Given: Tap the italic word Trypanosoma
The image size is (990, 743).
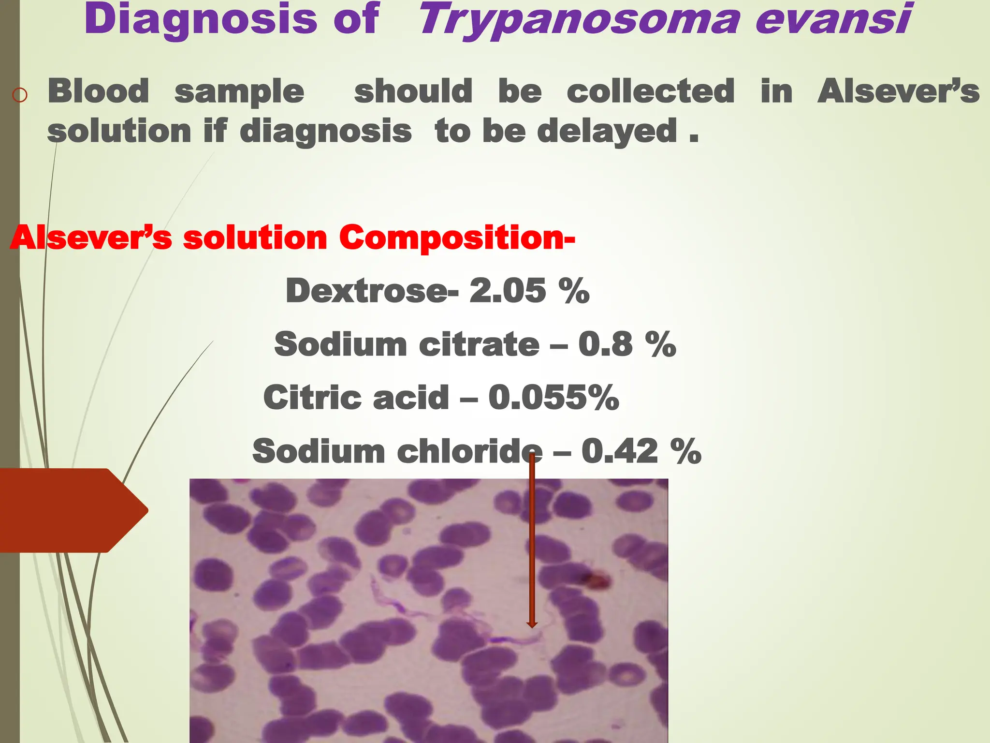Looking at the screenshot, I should pyautogui.click(x=578, y=20).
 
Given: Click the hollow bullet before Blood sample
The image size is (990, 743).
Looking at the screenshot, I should pyautogui.click(x=20, y=95).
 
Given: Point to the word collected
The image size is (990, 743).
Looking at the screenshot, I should pyautogui.click(x=650, y=91).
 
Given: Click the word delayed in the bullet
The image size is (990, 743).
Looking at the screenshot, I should pyautogui.click(x=607, y=131).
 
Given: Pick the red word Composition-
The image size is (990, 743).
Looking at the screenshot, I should pyautogui.click(x=457, y=238).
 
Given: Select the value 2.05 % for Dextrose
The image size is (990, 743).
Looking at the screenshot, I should pyautogui.click(x=529, y=291).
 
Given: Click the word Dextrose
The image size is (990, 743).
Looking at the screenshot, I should pyautogui.click(x=366, y=291).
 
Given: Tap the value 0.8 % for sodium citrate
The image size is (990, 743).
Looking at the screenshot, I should pyautogui.click(x=627, y=345).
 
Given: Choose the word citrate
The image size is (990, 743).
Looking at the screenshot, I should pyautogui.click(x=479, y=345).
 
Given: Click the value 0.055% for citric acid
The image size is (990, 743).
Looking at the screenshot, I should pyautogui.click(x=553, y=398).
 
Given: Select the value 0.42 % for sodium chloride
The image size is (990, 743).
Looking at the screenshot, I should pyautogui.click(x=641, y=451).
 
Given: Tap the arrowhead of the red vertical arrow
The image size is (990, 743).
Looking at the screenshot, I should pyautogui.click(x=532, y=624).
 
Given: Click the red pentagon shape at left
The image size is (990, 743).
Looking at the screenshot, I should pyautogui.click(x=68, y=510).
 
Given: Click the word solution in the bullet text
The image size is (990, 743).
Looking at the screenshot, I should pyautogui.click(x=119, y=132).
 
